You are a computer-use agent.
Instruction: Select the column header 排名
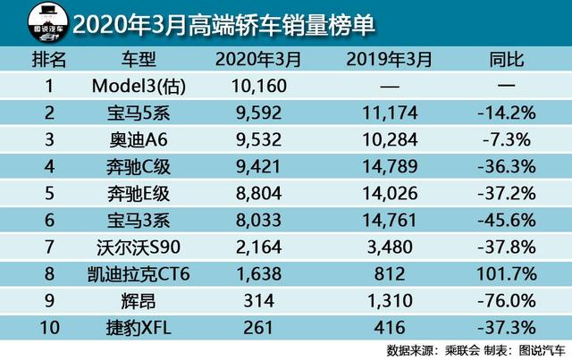point(49,60)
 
